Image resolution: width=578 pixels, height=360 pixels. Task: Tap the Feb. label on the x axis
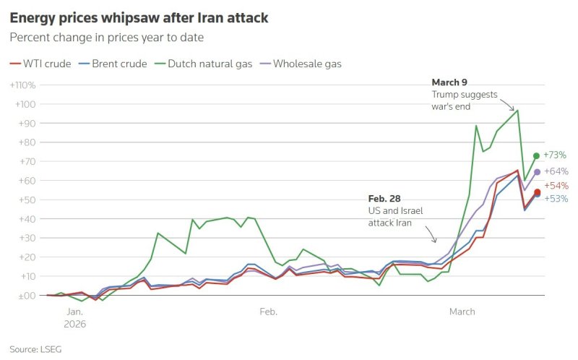tap(267, 312)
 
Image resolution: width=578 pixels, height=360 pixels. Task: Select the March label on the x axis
tap(462, 312)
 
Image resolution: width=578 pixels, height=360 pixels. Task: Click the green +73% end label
tap(555, 155)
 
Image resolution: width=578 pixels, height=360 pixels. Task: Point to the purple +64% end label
tap(556, 172)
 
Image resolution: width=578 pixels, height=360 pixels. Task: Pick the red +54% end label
tap(556, 187)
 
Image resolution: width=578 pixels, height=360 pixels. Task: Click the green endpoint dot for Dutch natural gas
tap(536, 155)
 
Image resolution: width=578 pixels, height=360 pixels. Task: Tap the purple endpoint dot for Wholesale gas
tap(537, 172)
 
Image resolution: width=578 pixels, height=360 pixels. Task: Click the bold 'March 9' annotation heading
tap(449, 82)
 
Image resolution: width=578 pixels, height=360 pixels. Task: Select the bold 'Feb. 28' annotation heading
tap(384, 198)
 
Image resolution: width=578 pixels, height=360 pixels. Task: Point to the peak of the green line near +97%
tap(517, 110)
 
